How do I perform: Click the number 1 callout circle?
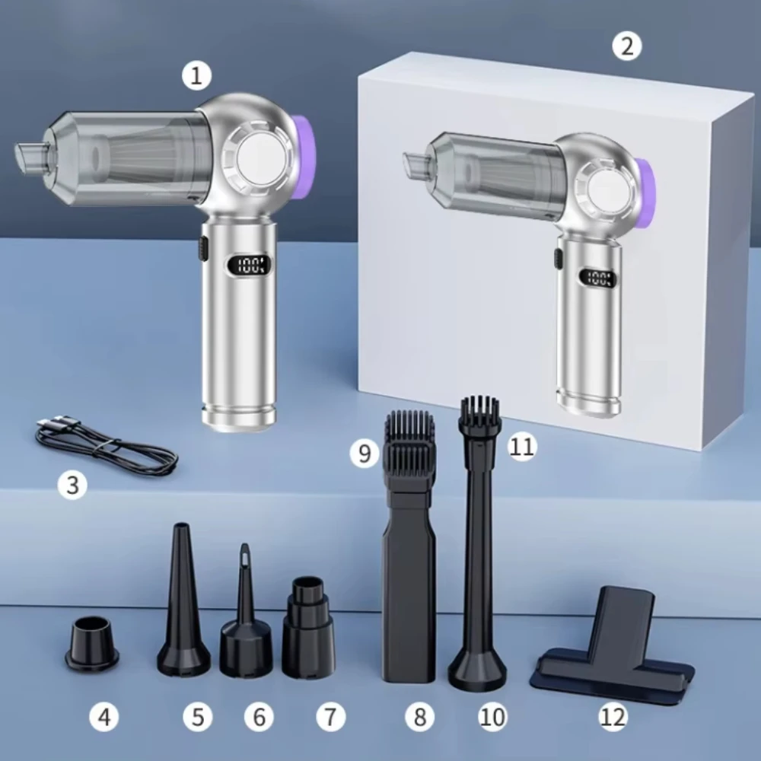(x=196, y=76)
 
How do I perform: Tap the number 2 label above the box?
(x=626, y=46)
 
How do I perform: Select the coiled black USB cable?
(x=106, y=444)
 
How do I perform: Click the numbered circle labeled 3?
(x=72, y=484)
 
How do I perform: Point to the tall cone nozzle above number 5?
(x=183, y=602)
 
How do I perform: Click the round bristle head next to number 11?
(x=479, y=412)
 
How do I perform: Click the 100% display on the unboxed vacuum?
(x=250, y=265)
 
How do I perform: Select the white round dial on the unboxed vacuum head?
(x=260, y=161)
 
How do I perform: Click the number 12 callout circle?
(x=613, y=716)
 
